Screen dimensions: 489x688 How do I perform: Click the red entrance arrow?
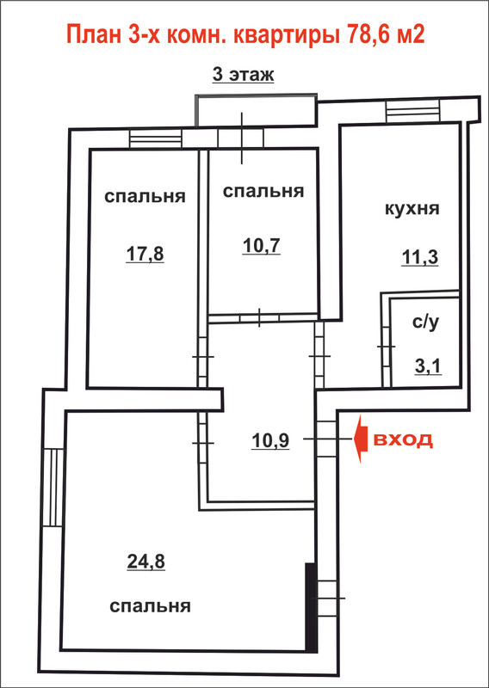click(361, 439)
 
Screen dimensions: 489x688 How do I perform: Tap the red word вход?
click(403, 439)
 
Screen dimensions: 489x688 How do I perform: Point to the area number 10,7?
click(261, 247)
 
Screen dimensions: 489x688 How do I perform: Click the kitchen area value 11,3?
click(419, 257)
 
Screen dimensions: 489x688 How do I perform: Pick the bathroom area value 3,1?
click(429, 365)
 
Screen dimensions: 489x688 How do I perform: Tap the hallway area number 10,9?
click(270, 440)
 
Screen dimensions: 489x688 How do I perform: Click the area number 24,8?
click(145, 562)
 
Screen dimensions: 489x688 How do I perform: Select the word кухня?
click(412, 208)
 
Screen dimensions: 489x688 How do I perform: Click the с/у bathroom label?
click(426, 323)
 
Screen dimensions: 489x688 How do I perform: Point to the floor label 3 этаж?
click(244, 74)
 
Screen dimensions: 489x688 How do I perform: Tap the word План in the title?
click(94, 35)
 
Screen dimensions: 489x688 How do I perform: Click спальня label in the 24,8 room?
click(151, 607)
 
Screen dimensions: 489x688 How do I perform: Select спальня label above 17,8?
click(145, 197)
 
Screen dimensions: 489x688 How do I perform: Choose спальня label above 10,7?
click(263, 191)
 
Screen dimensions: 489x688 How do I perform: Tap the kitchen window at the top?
click(413, 111)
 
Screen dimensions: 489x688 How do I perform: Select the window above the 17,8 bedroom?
click(156, 139)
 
